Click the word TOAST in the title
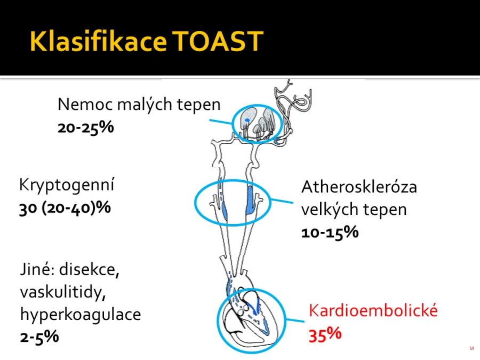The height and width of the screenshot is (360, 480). tap(218, 41)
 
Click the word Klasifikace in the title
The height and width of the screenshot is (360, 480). tap(98, 41)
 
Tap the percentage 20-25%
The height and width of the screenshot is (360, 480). tap(86, 127)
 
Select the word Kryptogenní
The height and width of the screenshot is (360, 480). tap(67, 185)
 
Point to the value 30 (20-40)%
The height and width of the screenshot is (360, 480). tap(65, 208)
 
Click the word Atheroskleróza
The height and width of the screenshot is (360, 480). tap(359, 187)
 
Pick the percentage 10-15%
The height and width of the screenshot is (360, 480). tap(330, 232)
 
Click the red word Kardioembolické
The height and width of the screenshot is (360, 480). tap(373, 310)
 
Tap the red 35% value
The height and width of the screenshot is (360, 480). tap(325, 334)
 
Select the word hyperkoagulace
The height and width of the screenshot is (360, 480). tap(81, 315)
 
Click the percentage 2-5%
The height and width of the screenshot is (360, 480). tap(39, 337)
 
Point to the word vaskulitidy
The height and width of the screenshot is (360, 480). tap(63, 292)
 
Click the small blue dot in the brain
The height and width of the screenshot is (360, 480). tap(247, 120)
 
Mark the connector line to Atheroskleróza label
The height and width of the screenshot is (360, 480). tap(282, 201)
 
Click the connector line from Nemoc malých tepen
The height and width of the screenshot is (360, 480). tap(221, 122)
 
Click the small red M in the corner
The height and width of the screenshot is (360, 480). tap(471, 348)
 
